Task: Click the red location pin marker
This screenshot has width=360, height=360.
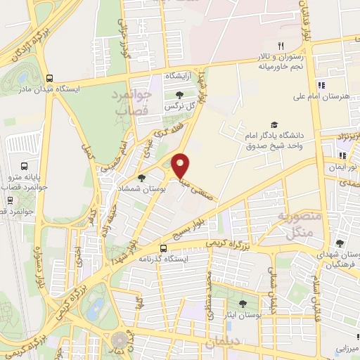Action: click(181, 166)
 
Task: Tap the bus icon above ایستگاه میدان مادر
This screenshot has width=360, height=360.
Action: click(49, 78)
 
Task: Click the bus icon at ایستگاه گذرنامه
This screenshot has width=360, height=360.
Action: click(163, 248)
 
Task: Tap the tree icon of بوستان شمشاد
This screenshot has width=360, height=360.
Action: click(141, 178)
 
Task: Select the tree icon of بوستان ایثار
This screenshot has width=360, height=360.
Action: click(243, 304)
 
